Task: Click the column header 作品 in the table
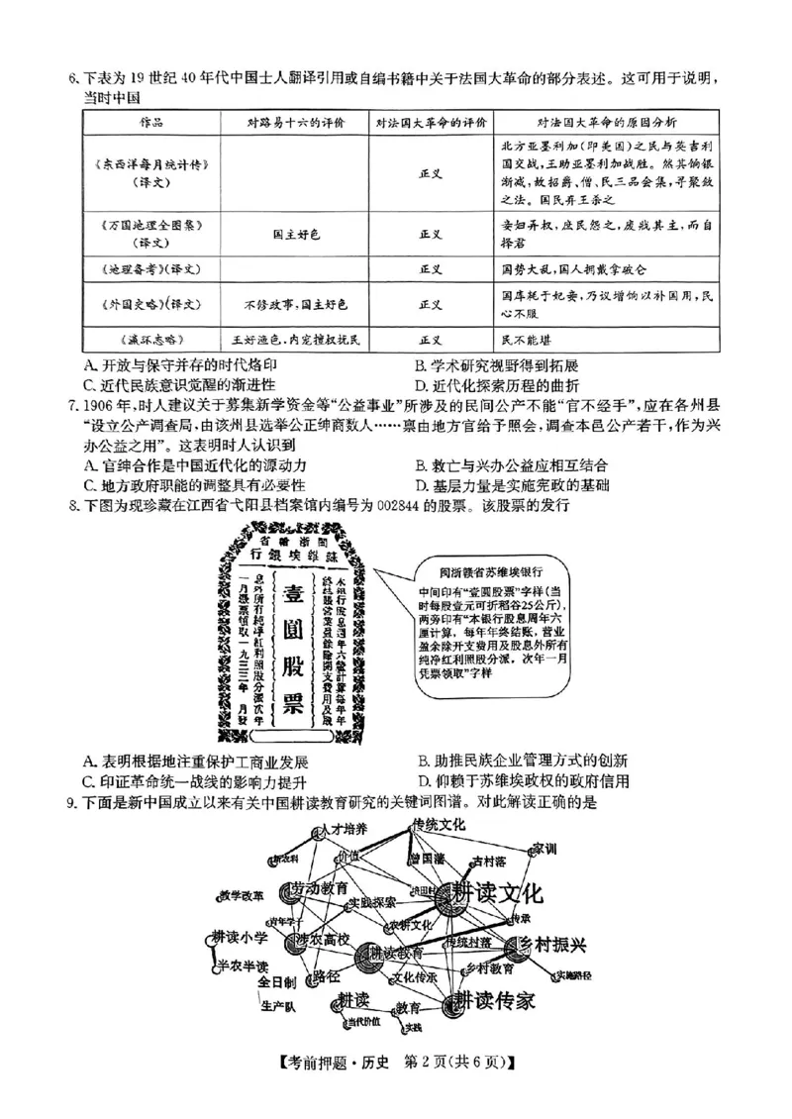point(149,122)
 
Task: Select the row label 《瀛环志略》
point(148,338)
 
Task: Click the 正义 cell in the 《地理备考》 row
point(431,267)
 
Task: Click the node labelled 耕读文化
point(495,894)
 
